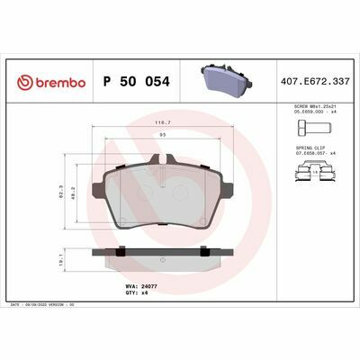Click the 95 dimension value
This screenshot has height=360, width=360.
[162, 134]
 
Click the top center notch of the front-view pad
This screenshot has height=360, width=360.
[162, 159]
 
